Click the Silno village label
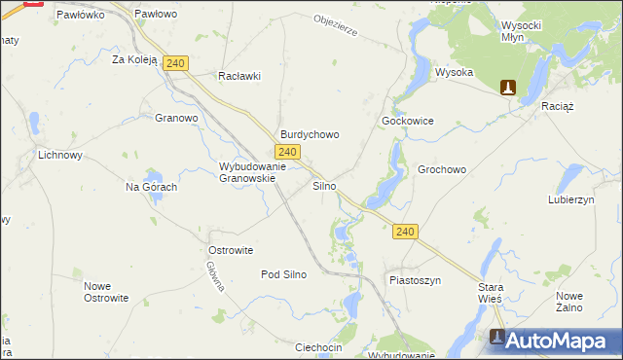(x=324, y=185)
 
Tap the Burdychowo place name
(x=310, y=135)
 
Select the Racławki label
(x=239, y=76)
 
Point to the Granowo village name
(x=176, y=119)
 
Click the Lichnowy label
(x=59, y=155)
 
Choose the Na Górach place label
(x=151, y=187)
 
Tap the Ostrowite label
(x=231, y=250)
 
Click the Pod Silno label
(x=283, y=274)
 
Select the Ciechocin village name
(x=317, y=347)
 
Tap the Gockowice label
(x=407, y=122)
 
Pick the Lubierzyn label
(x=570, y=198)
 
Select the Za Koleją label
(x=134, y=59)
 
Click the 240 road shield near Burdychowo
(x=286, y=152)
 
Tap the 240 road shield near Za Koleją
(x=175, y=63)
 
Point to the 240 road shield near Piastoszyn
(x=406, y=232)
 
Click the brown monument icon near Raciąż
(x=507, y=88)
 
